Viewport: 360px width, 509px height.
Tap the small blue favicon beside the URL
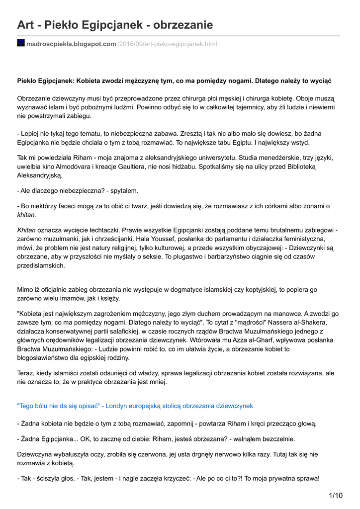(21, 43)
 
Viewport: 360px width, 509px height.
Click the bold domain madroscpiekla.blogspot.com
(71, 44)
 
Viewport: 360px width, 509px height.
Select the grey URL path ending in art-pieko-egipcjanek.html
(167, 44)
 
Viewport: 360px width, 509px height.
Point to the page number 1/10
(336, 495)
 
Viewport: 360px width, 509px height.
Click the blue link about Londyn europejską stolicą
(135, 406)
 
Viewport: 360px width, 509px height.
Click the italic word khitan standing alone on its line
(27, 215)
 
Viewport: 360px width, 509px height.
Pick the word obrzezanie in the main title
(183, 25)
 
